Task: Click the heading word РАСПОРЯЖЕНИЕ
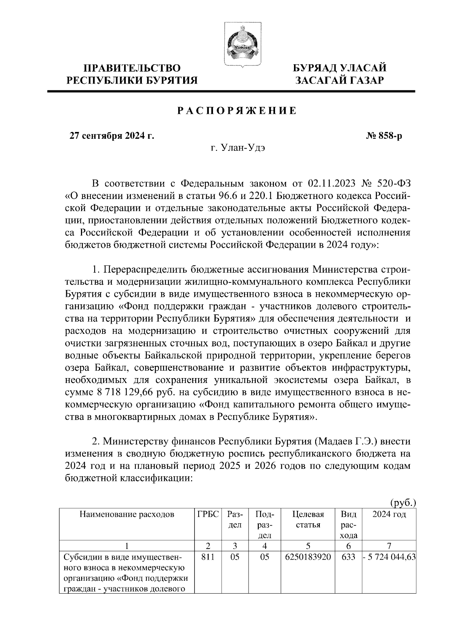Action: click(237, 111)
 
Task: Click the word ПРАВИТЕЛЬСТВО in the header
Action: click(132, 68)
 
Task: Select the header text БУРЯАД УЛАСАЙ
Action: click(340, 68)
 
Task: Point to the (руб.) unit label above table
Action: click(403, 502)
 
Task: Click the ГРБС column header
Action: click(208, 515)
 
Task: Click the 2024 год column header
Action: click(389, 515)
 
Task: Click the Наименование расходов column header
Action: click(127, 515)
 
